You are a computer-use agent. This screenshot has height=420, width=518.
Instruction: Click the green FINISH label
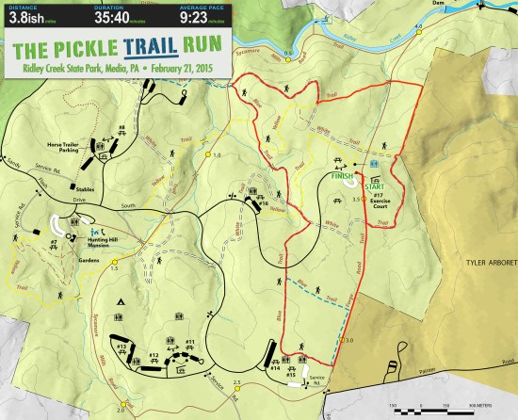(x=342, y=175)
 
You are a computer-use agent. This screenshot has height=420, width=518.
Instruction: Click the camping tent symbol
(x=120, y=300)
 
